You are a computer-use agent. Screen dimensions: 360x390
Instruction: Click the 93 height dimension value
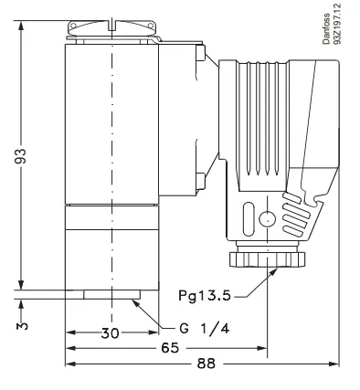click(20, 156)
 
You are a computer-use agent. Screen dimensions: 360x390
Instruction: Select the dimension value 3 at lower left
click(22, 326)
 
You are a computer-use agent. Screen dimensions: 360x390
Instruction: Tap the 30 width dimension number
click(111, 333)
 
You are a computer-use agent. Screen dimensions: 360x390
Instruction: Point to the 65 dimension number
click(170, 348)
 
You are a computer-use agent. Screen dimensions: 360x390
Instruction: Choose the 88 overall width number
click(206, 364)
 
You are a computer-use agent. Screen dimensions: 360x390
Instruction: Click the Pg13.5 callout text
click(205, 295)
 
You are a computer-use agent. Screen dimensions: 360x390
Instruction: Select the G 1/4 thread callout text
click(205, 329)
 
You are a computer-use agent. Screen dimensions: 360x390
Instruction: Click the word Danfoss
click(326, 28)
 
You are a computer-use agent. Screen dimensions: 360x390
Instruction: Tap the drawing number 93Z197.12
click(337, 24)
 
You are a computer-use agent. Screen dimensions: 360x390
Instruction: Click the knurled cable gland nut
click(267, 259)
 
